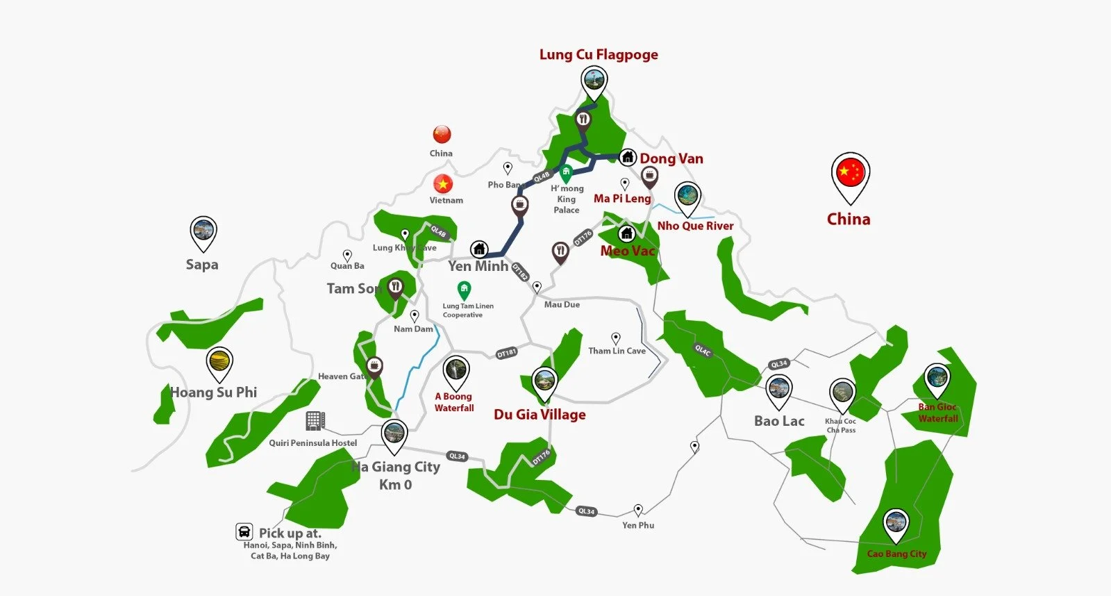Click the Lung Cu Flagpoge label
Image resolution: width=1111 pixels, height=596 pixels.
(x=599, y=55)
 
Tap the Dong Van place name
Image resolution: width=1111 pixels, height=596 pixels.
(x=671, y=158)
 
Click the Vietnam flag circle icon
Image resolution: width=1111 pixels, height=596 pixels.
(x=443, y=183)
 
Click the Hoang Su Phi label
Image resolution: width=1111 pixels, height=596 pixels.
(x=214, y=392)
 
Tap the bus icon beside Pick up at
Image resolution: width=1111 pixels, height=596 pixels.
(x=244, y=532)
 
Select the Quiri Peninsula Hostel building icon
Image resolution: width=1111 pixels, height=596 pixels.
(x=315, y=420)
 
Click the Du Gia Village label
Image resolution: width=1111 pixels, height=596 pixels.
(x=540, y=415)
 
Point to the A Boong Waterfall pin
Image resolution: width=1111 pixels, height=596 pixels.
(x=456, y=372)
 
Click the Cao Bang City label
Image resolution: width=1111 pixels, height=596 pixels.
(x=896, y=554)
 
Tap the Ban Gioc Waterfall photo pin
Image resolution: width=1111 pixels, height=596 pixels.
(x=937, y=379)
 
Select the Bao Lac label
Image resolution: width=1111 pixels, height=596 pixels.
(x=779, y=421)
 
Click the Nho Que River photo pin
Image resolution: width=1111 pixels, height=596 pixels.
(x=687, y=197)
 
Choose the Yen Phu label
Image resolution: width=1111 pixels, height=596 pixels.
(x=638, y=525)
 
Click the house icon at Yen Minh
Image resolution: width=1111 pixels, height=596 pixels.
(x=478, y=249)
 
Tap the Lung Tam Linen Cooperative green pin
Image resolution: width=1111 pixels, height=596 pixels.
(x=464, y=289)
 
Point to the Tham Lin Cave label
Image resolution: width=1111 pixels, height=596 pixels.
(x=617, y=351)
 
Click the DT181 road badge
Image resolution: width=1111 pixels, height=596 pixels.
(x=507, y=353)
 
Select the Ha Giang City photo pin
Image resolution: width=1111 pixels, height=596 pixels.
(x=394, y=435)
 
